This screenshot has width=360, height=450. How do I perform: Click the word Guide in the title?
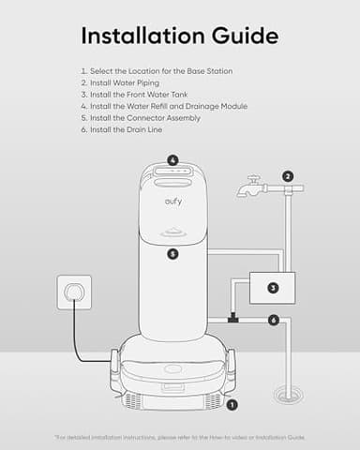[242, 36]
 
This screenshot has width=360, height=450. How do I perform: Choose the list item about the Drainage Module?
[163, 106]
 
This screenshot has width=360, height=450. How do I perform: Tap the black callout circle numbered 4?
[172, 159]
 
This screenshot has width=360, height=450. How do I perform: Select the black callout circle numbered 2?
[288, 175]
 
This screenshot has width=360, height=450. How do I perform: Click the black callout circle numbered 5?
[172, 253]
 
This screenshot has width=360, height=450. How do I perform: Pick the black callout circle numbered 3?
[273, 288]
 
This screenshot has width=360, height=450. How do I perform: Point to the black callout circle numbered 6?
[274, 320]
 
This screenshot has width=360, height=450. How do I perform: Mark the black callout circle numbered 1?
[232, 404]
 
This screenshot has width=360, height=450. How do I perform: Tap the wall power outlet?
[74, 292]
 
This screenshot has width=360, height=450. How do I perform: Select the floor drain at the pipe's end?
[288, 396]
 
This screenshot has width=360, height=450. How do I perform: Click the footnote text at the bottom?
[180, 437]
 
